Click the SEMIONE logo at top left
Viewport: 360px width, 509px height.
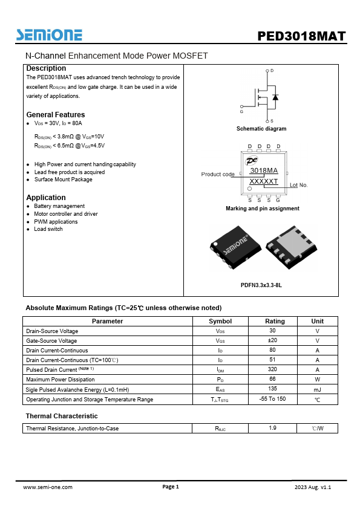tap(49, 35)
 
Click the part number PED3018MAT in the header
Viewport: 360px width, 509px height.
tap(301, 36)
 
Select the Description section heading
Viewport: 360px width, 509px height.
tap(46, 68)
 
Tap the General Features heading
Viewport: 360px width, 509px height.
tap(56, 115)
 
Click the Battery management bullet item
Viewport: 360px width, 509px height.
tap(59, 206)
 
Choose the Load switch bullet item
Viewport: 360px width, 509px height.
tap(48, 229)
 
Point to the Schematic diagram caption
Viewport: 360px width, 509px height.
tap(261, 129)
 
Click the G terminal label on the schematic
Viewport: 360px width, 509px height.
tap(241, 112)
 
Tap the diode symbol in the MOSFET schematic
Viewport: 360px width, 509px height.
tap(275, 97)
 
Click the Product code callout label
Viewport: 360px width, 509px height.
tap(218, 175)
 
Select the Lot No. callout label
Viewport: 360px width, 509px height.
tap(299, 185)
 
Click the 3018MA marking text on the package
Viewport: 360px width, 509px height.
tap(264, 171)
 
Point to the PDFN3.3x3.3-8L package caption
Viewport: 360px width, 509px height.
tap(261, 285)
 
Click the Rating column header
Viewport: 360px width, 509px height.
tap(275, 321)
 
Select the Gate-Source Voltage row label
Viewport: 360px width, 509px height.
tap(51, 340)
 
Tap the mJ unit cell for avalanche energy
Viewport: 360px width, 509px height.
tap(317, 390)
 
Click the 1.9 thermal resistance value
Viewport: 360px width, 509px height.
tap(272, 429)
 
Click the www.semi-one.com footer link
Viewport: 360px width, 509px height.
tap(48, 487)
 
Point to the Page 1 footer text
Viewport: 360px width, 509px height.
tap(171, 487)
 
